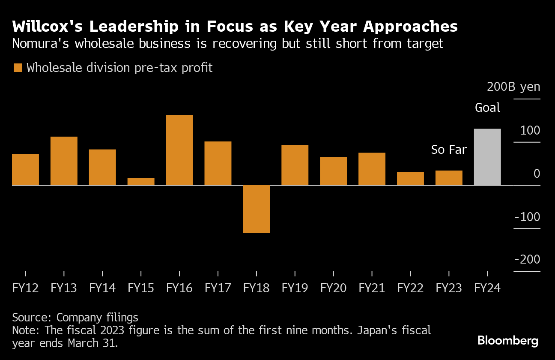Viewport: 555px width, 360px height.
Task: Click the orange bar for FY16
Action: click(179, 150)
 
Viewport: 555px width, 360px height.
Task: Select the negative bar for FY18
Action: click(257, 209)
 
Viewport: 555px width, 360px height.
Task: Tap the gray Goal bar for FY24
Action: click(487, 157)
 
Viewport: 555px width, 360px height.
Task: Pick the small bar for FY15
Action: click(141, 182)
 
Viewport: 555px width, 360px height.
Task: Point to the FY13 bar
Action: click(64, 161)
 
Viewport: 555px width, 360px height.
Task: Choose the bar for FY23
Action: click(449, 178)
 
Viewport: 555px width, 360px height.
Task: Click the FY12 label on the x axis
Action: click(25, 288)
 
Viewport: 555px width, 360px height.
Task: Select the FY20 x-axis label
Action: click(333, 288)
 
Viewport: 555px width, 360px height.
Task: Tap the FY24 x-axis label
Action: click(487, 288)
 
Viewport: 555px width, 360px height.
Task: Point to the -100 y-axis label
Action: click(527, 217)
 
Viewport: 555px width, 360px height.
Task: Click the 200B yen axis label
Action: click(513, 87)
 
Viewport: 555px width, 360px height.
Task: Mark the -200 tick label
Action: click(527, 260)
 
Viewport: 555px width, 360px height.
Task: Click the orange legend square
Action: click(18, 68)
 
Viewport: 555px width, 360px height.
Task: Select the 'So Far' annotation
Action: click(449, 150)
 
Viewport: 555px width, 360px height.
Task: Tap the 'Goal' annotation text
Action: click(488, 108)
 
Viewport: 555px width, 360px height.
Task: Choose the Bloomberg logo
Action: click(508, 341)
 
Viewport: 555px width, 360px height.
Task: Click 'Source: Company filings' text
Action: click(75, 318)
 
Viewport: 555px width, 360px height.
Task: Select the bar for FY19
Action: click(295, 165)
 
